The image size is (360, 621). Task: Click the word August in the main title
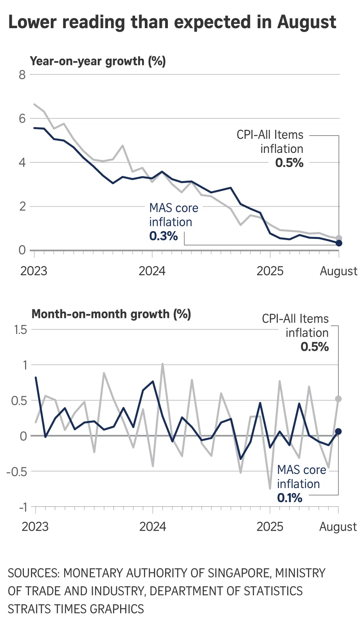[x=307, y=23]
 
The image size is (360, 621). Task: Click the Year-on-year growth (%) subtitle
[x=98, y=61]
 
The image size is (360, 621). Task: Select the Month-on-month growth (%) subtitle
[x=111, y=314]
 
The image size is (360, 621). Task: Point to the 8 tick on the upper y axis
[x=22, y=74]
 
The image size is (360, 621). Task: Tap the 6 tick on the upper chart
[x=22, y=118]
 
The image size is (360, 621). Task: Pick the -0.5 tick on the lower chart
[x=17, y=472]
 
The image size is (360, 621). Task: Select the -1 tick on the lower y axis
[x=22, y=507]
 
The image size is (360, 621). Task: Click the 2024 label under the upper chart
[x=152, y=271]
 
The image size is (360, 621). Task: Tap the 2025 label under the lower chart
[x=270, y=526]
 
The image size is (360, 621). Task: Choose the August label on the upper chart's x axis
[x=338, y=271]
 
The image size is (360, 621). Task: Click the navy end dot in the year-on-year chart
[x=339, y=243]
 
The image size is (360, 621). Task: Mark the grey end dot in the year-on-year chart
[x=339, y=238]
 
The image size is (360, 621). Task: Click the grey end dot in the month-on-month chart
[x=338, y=399]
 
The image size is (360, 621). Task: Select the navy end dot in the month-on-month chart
[x=338, y=431]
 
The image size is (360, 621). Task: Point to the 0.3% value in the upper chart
[x=164, y=236]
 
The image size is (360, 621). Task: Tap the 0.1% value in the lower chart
[x=290, y=498]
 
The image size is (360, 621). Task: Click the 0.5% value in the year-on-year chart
[x=289, y=163]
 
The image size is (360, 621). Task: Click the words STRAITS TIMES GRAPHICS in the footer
[x=76, y=609]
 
